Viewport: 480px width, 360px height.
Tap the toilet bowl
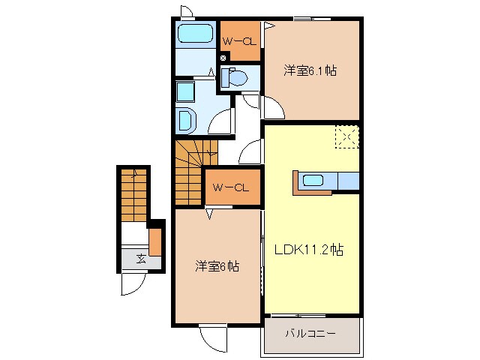pyautogui.click(x=235, y=77)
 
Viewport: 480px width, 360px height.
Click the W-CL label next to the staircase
pyautogui.click(x=231, y=187)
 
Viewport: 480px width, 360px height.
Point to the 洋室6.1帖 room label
pyautogui.click(x=309, y=71)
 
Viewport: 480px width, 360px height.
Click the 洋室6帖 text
pyautogui.click(x=217, y=266)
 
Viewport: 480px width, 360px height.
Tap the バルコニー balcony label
pyautogui.click(x=309, y=332)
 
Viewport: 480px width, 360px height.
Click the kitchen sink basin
pyautogui.click(x=313, y=181)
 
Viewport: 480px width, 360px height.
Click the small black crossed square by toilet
pyautogui.click(x=223, y=57)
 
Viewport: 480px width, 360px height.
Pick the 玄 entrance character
pyautogui.click(x=141, y=259)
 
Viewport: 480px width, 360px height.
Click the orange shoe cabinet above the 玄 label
pyautogui.click(x=154, y=243)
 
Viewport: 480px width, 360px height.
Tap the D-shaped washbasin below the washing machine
pyautogui.click(x=184, y=119)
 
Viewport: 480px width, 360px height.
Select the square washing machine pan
pyautogui.click(x=185, y=91)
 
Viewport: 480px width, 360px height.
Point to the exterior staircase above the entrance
pyautogui.click(x=133, y=193)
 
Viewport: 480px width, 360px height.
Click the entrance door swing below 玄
pyautogui.click(x=133, y=283)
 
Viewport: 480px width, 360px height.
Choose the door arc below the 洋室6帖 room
pyautogui.click(x=212, y=336)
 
